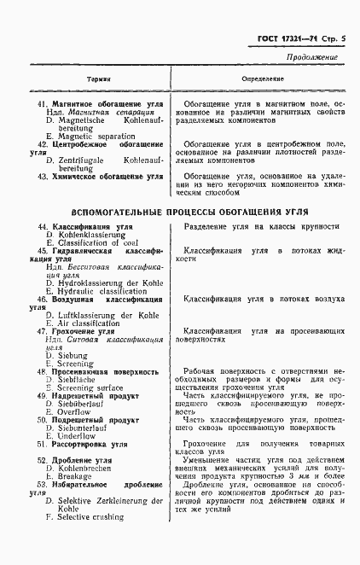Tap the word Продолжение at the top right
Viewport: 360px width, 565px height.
[x=312, y=58]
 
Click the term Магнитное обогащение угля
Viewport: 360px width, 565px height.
[x=107, y=102]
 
